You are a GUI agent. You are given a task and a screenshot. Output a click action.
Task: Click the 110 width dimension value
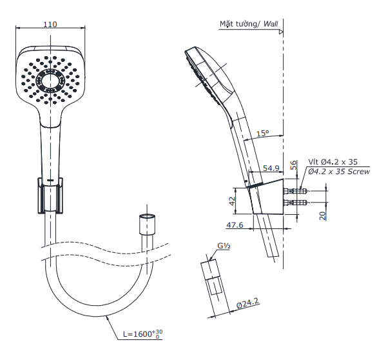[x=50, y=25]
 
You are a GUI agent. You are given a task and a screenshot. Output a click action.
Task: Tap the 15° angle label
[x=262, y=133]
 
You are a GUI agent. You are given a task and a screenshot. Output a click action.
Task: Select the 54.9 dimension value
[x=271, y=168]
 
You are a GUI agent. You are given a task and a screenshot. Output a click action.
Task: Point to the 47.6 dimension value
[x=235, y=225]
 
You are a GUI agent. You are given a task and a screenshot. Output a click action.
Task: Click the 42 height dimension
[x=232, y=201]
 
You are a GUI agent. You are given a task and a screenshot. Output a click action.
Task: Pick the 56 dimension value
[x=294, y=165]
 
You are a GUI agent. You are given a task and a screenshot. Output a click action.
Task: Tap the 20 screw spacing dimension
[x=323, y=215]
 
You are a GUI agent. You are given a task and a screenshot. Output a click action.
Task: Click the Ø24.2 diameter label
[x=247, y=303]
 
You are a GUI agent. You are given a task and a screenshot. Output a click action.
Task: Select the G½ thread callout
[x=224, y=246]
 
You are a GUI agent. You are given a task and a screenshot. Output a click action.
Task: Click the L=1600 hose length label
[x=143, y=334]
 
